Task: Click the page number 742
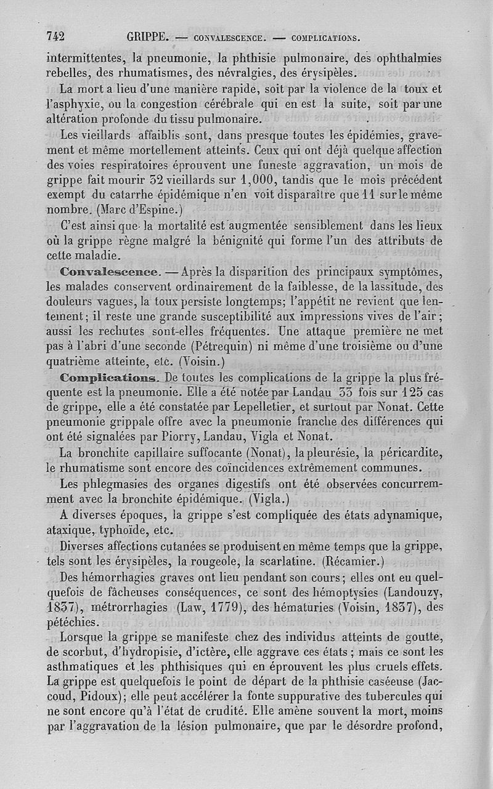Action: coord(55,36)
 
